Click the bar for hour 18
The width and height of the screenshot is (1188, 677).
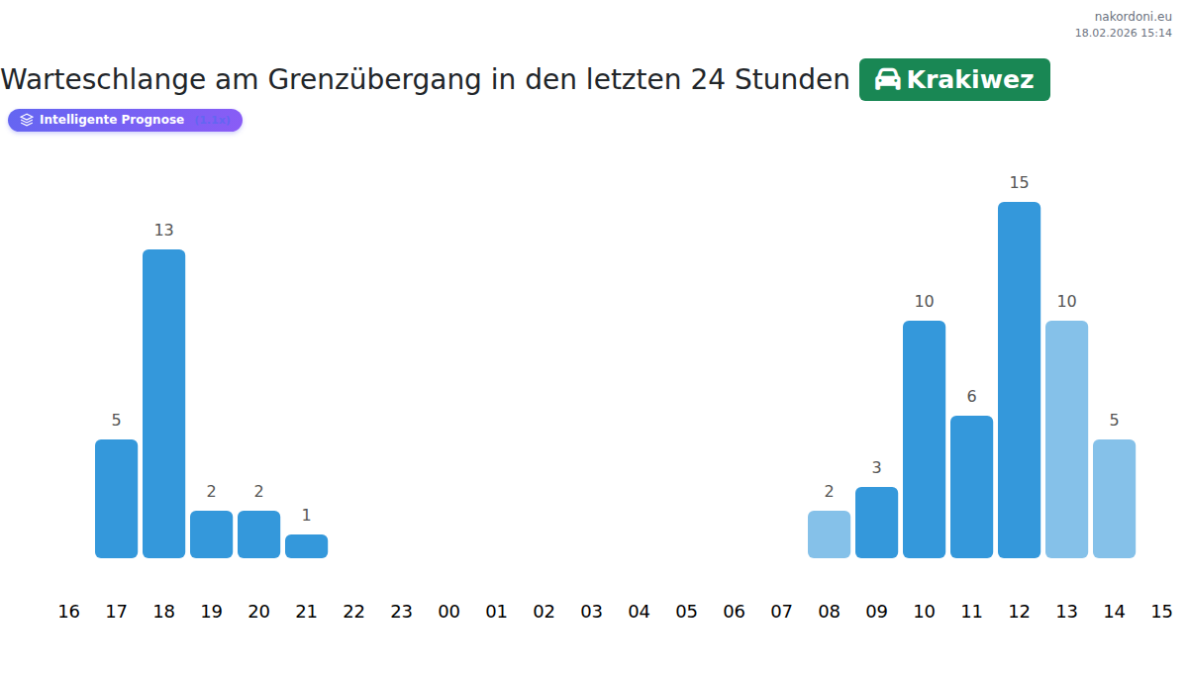163,404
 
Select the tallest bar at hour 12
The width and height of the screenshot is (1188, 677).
1019,380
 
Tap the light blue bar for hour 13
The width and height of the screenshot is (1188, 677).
1066,439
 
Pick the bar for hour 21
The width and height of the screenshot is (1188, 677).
306,546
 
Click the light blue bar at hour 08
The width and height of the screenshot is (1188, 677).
829,534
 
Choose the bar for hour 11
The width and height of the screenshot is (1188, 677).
971,487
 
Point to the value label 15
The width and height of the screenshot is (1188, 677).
1019,183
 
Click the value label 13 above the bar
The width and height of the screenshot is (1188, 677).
163,231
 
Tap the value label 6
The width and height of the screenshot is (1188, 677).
971,397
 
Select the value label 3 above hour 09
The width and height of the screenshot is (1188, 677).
876,468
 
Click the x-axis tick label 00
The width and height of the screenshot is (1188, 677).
448,612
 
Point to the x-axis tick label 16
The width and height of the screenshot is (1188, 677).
68,612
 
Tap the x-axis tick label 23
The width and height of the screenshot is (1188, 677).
401,612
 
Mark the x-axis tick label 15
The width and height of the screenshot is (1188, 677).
1161,612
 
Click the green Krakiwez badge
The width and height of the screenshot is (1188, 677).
954,80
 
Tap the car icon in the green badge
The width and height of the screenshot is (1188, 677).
887,80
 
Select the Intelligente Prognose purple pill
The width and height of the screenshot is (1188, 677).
125,120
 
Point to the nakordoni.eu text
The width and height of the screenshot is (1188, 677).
1133,17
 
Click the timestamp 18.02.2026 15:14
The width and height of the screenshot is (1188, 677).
1123,33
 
